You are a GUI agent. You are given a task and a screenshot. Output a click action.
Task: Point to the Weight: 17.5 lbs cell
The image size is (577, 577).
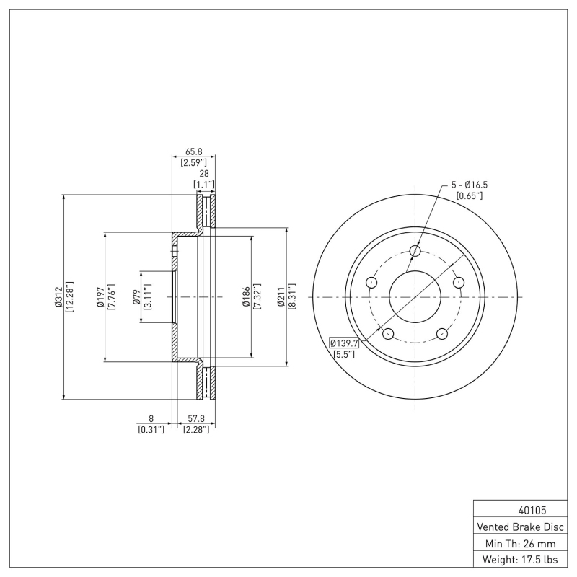[x=520, y=559]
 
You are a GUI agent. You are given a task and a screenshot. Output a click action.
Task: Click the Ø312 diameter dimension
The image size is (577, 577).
[x=57, y=296]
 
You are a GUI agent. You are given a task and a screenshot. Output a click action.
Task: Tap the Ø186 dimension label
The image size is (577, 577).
[x=245, y=296]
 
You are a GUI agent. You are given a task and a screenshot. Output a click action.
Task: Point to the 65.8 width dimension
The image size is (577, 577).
[x=193, y=151]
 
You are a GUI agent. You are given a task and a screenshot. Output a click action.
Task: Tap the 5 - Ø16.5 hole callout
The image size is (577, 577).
[x=469, y=185]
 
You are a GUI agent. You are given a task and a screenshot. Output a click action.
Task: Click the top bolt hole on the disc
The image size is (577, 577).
[x=415, y=251]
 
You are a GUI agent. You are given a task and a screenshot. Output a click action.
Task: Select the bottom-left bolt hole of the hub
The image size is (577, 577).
[x=387, y=333]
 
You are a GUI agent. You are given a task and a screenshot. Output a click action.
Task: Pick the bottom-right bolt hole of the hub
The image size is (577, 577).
[x=441, y=333]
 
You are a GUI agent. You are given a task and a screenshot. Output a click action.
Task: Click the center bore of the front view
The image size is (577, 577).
[x=415, y=296]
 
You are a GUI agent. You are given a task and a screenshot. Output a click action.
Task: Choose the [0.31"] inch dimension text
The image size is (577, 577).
[x=151, y=429]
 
